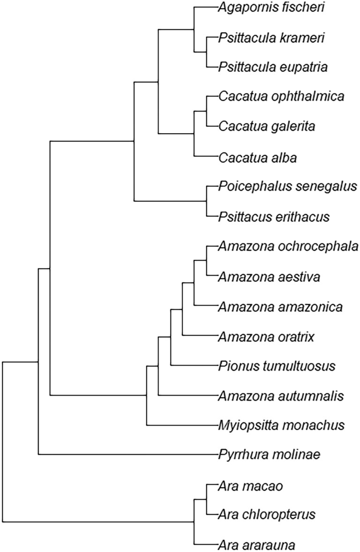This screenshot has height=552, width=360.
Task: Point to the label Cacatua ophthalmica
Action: [281, 97]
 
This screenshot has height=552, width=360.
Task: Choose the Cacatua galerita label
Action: [266, 126]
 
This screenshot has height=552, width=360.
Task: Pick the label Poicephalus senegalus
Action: [287, 187]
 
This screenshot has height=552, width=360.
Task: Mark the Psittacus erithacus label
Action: [274, 217]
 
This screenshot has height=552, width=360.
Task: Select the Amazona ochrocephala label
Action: [288, 247]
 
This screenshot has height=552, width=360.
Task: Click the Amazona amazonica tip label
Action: [280, 307]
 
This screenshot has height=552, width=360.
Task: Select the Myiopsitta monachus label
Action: [281, 425]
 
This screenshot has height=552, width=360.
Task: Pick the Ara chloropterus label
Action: [267, 514]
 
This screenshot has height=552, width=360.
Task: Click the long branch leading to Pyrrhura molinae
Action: [127, 454]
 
